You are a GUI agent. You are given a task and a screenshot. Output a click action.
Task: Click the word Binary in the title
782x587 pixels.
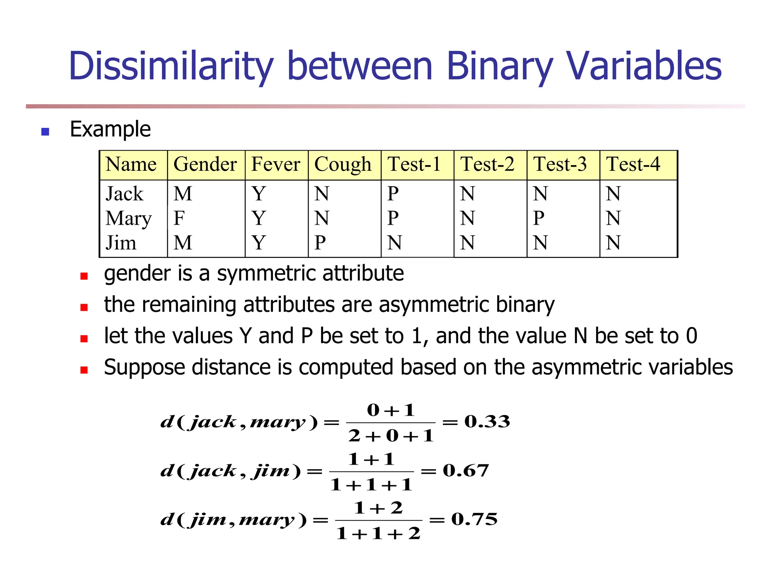[x=499, y=67]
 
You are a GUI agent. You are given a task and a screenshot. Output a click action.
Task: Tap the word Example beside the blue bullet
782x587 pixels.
[x=110, y=129]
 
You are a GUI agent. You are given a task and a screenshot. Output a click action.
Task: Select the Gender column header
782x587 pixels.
[x=205, y=164]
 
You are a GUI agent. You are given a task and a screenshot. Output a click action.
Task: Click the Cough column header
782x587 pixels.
[x=343, y=165]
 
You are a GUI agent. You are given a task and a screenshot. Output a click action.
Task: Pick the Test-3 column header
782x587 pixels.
[x=560, y=164]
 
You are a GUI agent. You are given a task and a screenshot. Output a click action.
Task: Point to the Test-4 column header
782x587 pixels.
[x=633, y=164]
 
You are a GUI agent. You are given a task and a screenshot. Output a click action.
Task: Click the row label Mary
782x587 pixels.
[x=129, y=219]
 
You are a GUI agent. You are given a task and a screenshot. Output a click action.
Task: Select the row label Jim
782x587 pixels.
[x=121, y=243]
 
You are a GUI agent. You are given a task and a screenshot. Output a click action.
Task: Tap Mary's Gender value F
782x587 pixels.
[x=179, y=218]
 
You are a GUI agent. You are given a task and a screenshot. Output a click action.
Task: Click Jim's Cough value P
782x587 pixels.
[x=320, y=243]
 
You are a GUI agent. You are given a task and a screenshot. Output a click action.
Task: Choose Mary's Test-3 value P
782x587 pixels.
[x=538, y=218]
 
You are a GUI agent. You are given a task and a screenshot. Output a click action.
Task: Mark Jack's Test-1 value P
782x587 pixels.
[x=393, y=194]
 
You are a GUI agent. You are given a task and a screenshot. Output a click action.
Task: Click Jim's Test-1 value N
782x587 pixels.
[x=394, y=243]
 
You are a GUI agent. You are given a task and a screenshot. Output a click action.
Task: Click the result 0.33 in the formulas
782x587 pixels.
[x=487, y=422]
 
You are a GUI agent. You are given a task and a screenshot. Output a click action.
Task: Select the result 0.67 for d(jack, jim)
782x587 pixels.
[x=466, y=470]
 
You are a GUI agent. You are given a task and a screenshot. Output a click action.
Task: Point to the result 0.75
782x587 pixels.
[x=475, y=519]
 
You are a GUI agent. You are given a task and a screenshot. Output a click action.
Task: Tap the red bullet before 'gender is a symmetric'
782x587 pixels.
[x=84, y=276]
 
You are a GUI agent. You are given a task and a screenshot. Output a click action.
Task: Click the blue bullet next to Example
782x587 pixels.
[x=45, y=132]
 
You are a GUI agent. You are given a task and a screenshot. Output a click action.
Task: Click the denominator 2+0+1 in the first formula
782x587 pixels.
[x=391, y=436]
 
